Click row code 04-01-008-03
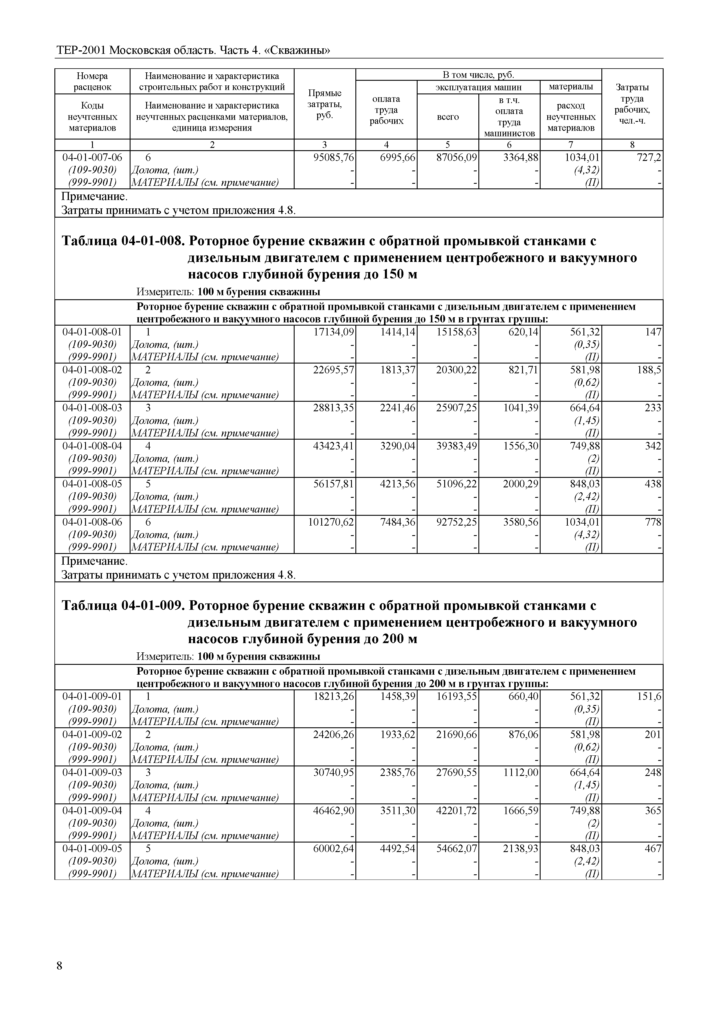coord(92,407)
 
